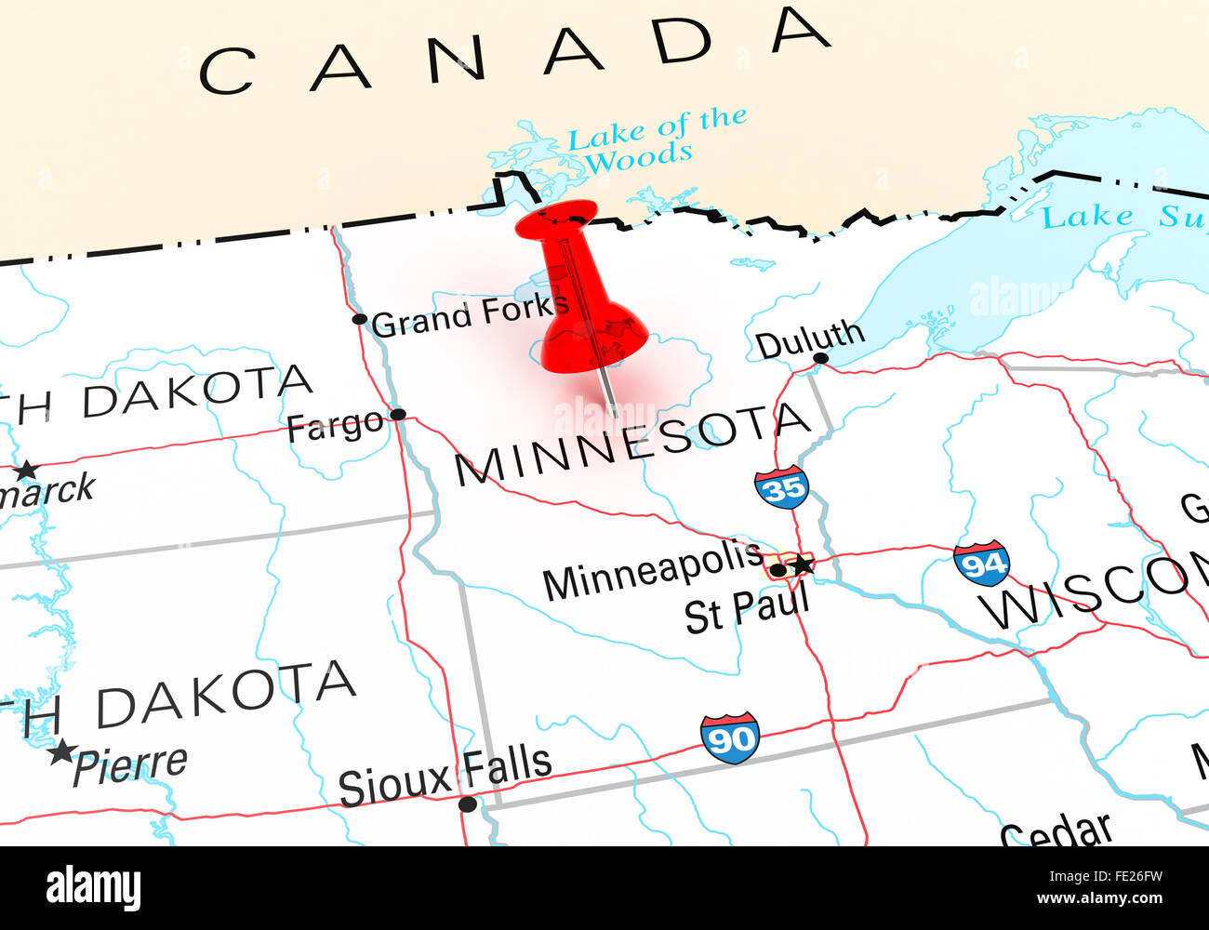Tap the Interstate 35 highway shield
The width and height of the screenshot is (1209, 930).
pyautogui.click(x=781, y=486)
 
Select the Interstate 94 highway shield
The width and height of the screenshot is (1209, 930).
pyautogui.click(x=981, y=564)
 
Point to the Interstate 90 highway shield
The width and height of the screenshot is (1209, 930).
pyautogui.click(x=730, y=738)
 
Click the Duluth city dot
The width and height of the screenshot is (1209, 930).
pyautogui.click(x=820, y=358)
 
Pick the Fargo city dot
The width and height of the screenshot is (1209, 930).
pyautogui.click(x=398, y=414)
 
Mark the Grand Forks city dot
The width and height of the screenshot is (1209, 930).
pyautogui.click(x=360, y=319)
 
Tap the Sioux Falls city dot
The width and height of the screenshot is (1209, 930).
pyautogui.click(x=468, y=804)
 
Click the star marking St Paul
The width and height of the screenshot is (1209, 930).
pyautogui.click(x=801, y=565)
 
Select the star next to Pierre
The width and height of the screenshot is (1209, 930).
pyautogui.click(x=61, y=751)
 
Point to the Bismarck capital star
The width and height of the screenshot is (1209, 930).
pyautogui.click(x=26, y=470)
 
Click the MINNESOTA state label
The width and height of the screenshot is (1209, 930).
pyautogui.click(x=632, y=444)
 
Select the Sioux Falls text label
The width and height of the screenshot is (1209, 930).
pyautogui.click(x=445, y=775)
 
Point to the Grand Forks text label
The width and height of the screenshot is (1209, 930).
pyautogui.click(x=470, y=314)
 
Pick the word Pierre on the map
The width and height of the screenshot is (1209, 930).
pyautogui.click(x=130, y=765)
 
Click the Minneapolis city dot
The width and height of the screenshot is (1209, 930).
pyautogui.click(x=777, y=569)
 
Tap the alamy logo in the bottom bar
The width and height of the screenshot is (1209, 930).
pyautogui.click(x=93, y=888)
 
